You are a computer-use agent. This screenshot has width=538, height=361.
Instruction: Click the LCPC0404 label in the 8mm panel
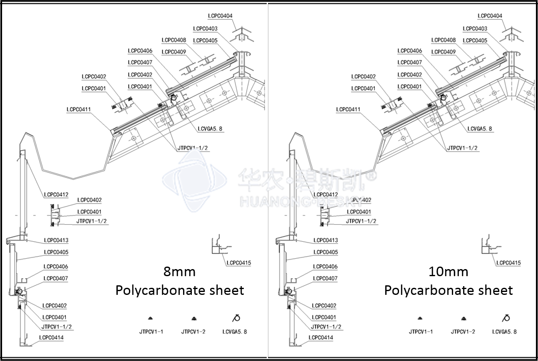(220, 16)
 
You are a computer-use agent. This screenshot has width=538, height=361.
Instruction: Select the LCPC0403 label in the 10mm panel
(475, 28)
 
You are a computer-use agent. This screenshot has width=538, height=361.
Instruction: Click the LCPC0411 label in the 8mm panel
(79, 109)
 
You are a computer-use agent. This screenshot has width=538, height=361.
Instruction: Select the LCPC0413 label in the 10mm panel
(325, 240)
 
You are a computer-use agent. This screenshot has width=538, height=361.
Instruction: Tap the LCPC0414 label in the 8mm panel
(51, 337)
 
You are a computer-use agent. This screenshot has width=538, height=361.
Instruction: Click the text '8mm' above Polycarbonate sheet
(179, 272)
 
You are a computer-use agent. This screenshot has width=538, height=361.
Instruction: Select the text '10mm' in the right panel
(448, 272)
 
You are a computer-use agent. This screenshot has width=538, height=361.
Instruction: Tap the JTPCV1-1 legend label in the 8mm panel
(151, 331)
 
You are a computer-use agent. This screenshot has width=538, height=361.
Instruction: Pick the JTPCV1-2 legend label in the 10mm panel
(463, 331)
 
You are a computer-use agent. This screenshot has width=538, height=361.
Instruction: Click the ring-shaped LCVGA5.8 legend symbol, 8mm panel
(236, 319)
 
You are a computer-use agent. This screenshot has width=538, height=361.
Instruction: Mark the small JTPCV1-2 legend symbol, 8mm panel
(193, 319)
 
